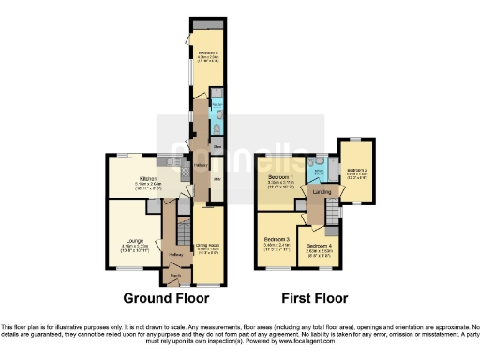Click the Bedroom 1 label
[279, 176]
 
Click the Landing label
[322, 193]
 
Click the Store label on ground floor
[216, 147]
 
